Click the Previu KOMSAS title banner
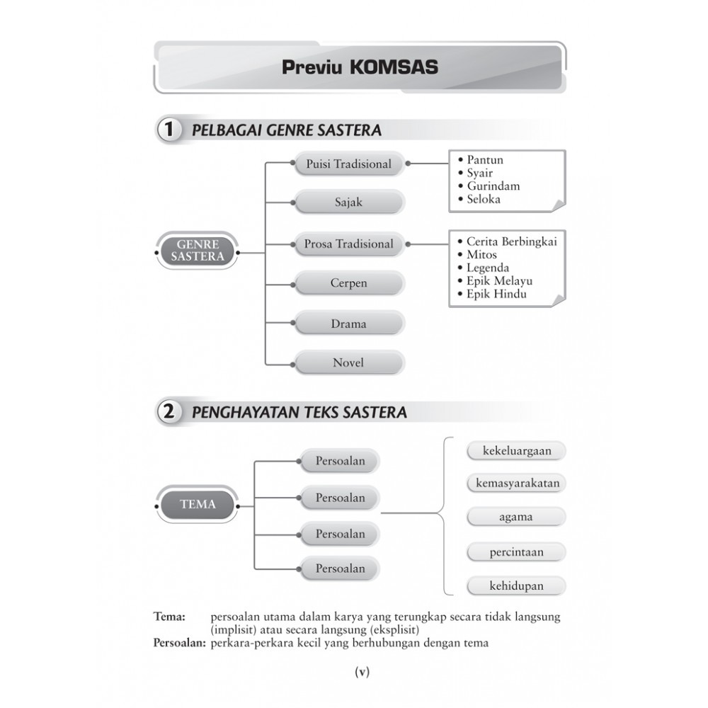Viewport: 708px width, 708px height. (x=360, y=67)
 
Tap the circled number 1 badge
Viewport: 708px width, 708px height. (x=169, y=130)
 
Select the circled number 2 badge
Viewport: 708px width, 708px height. (x=169, y=411)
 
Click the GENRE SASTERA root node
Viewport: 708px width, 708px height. (x=197, y=251)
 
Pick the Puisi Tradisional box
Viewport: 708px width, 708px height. (x=348, y=164)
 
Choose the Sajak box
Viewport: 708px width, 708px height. (x=348, y=202)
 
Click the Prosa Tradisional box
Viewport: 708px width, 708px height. (x=348, y=244)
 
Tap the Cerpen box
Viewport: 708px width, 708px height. (x=348, y=283)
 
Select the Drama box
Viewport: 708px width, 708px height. (x=348, y=324)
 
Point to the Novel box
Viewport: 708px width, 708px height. (x=348, y=363)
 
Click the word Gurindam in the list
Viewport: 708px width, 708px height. (x=493, y=186)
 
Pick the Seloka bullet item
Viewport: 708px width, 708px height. (x=484, y=199)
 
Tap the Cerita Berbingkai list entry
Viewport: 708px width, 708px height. (x=511, y=241)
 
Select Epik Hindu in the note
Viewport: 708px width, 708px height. (x=496, y=294)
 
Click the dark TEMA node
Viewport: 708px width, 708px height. (x=197, y=505)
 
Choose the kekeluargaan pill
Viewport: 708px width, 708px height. (x=516, y=451)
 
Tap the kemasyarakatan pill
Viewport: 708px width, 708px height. (x=516, y=484)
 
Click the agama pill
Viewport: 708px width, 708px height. (x=516, y=517)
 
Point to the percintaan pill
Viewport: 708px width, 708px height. (x=516, y=552)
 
